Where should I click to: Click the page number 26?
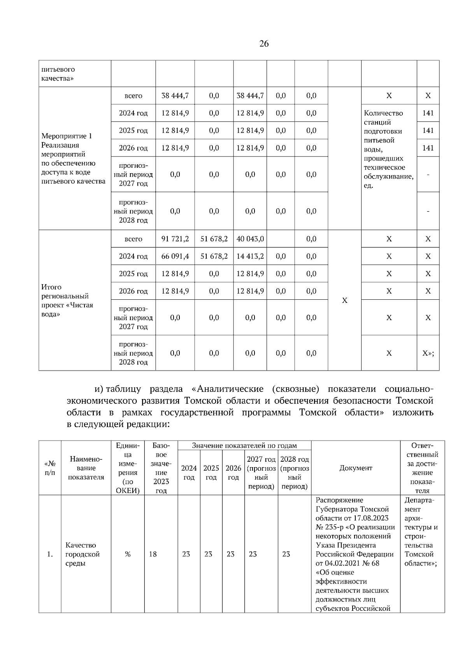tap(264, 44)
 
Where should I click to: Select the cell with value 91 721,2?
tap(175, 239)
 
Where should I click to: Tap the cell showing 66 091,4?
tap(175, 257)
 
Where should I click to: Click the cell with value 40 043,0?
tap(250, 239)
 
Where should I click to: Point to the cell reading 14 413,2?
tap(250, 257)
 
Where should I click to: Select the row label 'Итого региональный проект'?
tap(67, 301)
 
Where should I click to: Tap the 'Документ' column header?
tap(356, 468)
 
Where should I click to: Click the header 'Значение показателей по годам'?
tap(244, 446)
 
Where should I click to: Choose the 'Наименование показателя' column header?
tap(86, 468)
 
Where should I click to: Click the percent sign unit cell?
tap(128, 554)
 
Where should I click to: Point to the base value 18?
tap(153, 554)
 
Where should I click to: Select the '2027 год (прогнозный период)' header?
tap(261, 473)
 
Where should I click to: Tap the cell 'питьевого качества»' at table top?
tap(58, 74)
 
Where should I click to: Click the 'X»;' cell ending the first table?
tap(428, 353)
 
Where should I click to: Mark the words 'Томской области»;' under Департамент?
tap(420, 559)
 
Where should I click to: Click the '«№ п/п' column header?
tap(50, 468)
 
